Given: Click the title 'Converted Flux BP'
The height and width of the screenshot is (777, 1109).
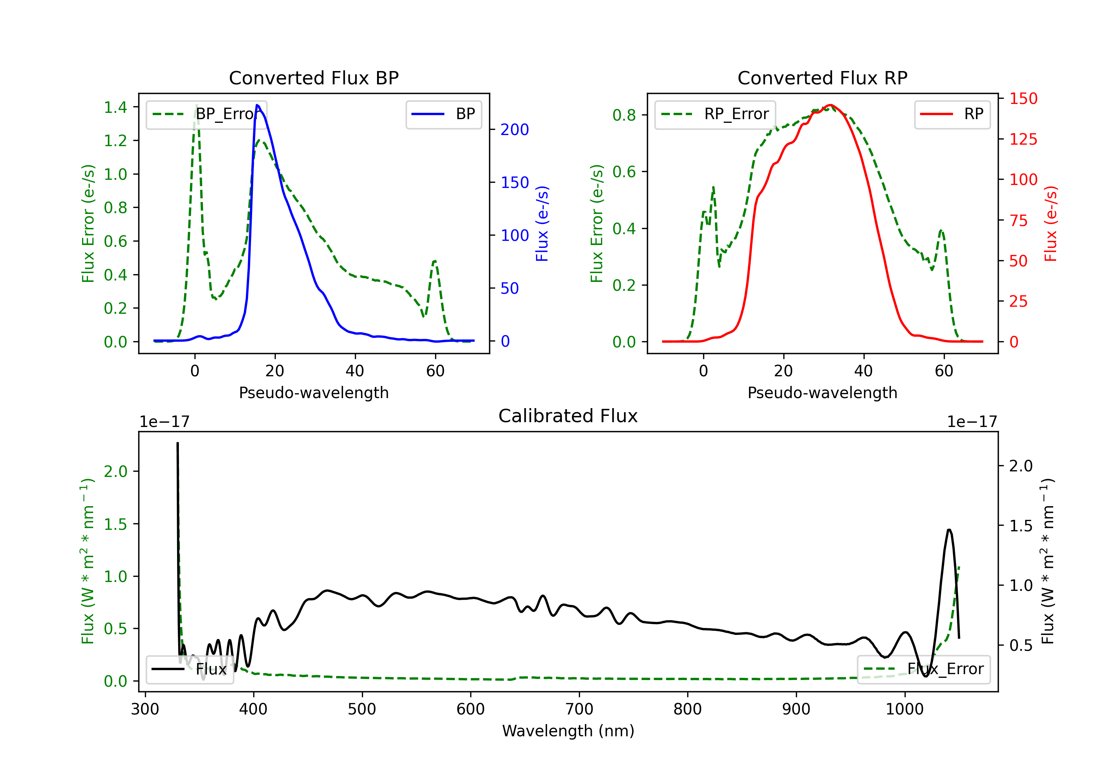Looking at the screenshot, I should (x=313, y=78).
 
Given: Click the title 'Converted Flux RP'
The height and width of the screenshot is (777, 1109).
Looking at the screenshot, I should (x=822, y=78).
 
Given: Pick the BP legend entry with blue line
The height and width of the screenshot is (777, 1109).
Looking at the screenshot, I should (x=443, y=114).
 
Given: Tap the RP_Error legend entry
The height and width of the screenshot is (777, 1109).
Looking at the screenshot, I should (x=715, y=114).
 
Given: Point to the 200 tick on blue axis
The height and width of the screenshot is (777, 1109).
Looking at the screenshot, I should (x=515, y=129).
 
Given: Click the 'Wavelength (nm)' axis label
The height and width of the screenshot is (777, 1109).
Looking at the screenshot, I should (x=568, y=731).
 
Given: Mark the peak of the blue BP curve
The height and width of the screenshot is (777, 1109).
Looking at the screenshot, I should (x=257, y=105).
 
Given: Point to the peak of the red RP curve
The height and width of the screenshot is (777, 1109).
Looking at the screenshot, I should (x=830, y=105).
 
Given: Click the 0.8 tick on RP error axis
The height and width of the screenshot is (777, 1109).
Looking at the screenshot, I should (x=624, y=115).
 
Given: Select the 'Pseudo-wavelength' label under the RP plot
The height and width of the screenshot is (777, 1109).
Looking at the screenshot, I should (x=822, y=393).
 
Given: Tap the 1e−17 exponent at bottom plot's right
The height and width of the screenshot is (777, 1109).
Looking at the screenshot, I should (x=972, y=422).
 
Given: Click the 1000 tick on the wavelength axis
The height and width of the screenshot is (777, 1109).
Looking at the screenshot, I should (x=904, y=709).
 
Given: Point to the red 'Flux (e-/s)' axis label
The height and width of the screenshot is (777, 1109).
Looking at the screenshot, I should (x=1051, y=224).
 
